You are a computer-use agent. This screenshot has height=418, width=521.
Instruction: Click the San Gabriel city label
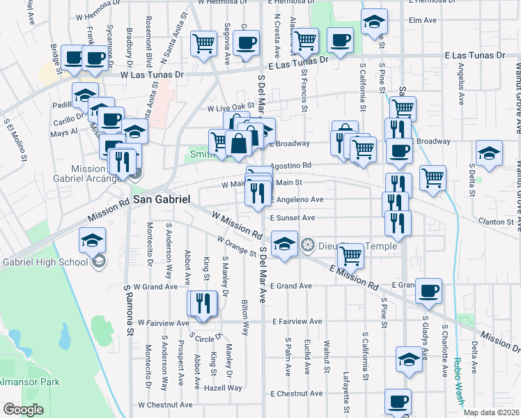(x=161, y=199)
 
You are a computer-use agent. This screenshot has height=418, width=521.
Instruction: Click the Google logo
(x=22, y=410)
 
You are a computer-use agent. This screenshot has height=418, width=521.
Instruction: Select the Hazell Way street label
(x=223, y=387)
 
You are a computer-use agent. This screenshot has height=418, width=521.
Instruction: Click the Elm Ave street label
(x=422, y=20)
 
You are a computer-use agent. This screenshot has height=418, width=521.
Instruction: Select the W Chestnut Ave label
(x=165, y=404)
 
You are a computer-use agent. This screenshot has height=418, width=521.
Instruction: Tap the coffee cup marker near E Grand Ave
(x=428, y=290)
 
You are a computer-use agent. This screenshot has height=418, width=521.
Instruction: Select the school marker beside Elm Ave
(x=374, y=23)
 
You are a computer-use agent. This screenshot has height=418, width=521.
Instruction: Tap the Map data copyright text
(x=491, y=412)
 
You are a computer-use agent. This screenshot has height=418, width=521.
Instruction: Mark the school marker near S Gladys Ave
(x=410, y=359)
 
